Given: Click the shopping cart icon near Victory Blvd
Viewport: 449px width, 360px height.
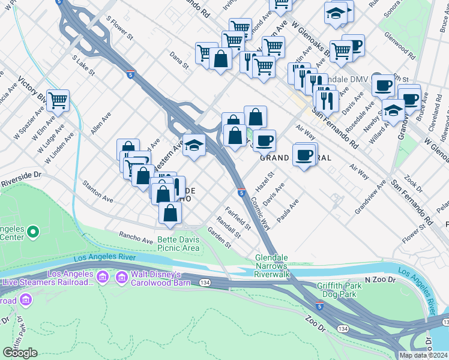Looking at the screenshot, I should coord(58,100).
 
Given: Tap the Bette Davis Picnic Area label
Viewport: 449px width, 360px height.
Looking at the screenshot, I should coord(178,244).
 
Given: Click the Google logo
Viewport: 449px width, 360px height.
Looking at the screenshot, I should coord(20,353).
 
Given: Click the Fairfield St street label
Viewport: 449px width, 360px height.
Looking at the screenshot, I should coord(238,219).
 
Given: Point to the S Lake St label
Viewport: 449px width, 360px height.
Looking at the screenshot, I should coord(83,65).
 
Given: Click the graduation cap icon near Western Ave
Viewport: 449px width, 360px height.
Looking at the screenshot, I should coord(194,145).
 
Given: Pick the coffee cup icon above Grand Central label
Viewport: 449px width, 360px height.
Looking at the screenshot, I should coord(264,140).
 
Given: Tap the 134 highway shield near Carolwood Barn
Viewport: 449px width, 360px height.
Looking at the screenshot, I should coord(205,282).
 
